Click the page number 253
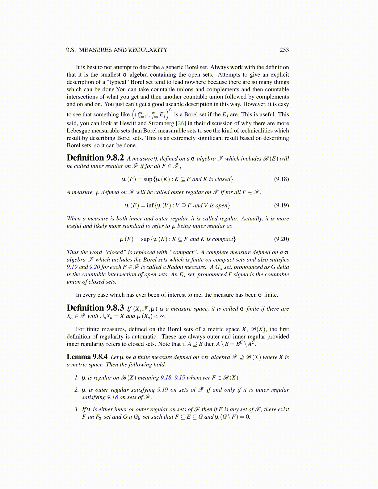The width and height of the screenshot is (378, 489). coord(284,50)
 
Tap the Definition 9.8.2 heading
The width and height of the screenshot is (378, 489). coord(95,158)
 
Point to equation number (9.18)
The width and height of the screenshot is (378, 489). coord(281,179)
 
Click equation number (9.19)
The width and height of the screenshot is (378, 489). coord(281,205)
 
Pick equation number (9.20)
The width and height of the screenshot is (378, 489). coord(281,239)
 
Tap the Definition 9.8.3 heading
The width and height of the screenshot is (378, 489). coord(95,308)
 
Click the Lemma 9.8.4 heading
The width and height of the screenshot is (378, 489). coord(87,357)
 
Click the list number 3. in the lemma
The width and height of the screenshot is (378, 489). coord(77,409)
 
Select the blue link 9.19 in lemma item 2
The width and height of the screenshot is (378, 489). coord(162,390)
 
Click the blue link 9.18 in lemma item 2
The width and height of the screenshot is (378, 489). coord(112,397)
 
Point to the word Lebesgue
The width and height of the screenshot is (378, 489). coord(78,131)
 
